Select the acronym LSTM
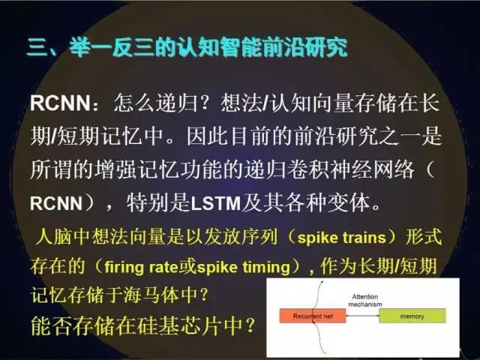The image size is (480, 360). (x=215, y=203)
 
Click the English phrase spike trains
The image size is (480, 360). (x=342, y=238)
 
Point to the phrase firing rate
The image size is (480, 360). (x=141, y=267)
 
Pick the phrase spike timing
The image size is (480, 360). (x=243, y=267)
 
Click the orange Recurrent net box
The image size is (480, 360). (x=313, y=316)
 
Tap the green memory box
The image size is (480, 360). (x=412, y=316)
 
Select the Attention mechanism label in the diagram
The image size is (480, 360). (x=365, y=300)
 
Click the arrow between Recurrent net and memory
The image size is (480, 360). (x=362, y=316)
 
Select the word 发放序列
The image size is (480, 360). (x=240, y=237)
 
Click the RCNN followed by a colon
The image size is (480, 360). (x=60, y=103)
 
